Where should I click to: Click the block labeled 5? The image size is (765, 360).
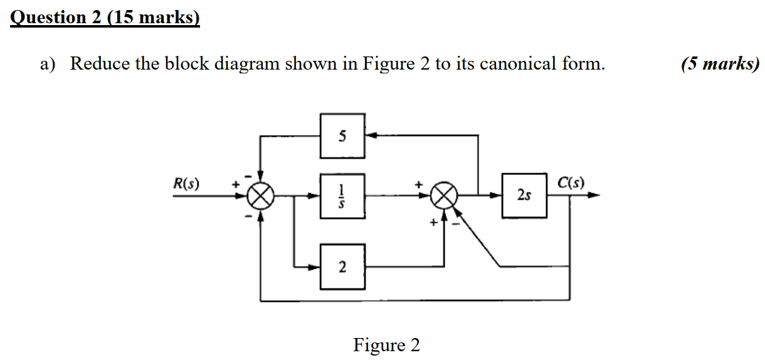click(x=342, y=135)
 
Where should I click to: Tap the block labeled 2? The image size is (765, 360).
click(x=342, y=267)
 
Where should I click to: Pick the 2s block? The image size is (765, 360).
click(x=524, y=196)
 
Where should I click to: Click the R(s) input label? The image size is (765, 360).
click(x=186, y=184)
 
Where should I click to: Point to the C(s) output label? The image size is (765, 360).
click(x=571, y=183)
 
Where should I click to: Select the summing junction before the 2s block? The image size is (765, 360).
click(x=444, y=196)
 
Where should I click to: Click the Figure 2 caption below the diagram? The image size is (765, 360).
click(x=386, y=345)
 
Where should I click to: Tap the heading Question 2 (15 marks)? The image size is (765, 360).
click(x=105, y=17)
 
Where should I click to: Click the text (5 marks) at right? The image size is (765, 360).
click(x=720, y=63)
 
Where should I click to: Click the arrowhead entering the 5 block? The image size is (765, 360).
click(x=371, y=135)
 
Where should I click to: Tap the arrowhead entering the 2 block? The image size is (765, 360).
click(x=315, y=267)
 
